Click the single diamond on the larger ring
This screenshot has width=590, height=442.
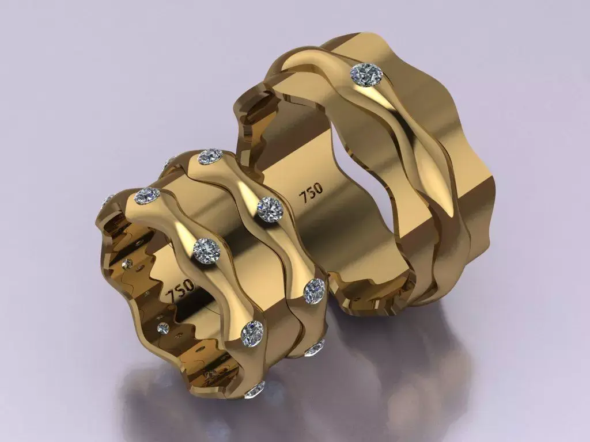click(x=367, y=75)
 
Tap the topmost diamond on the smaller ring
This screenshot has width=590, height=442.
click(x=210, y=156)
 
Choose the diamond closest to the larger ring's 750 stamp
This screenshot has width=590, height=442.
click(x=269, y=208)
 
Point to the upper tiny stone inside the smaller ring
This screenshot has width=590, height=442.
click(x=128, y=264)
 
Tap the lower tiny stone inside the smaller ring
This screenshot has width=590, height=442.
click(x=163, y=329)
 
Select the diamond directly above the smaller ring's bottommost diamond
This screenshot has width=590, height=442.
click(x=252, y=333)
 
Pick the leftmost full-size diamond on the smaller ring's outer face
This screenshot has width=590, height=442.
click(x=147, y=196)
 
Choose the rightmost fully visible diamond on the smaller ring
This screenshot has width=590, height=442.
click(x=315, y=291)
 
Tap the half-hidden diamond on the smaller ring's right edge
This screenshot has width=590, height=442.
click(x=316, y=347)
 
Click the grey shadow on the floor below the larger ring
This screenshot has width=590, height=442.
click(x=403, y=368)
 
